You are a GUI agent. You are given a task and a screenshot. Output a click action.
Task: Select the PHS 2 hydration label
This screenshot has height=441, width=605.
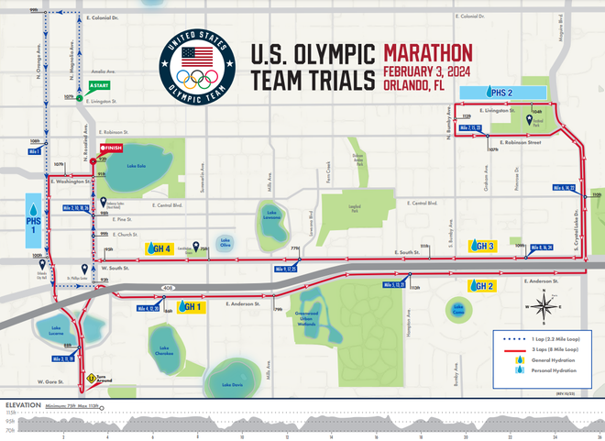point(500,92)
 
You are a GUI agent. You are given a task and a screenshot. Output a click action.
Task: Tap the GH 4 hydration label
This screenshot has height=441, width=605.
point(159,248)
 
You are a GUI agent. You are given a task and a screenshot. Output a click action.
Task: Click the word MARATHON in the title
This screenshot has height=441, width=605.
point(427,52)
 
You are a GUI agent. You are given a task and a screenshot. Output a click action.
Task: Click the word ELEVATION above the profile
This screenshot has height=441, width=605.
point(22,404)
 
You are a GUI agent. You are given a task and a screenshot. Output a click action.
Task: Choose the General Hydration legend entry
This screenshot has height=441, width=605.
point(548,359)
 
